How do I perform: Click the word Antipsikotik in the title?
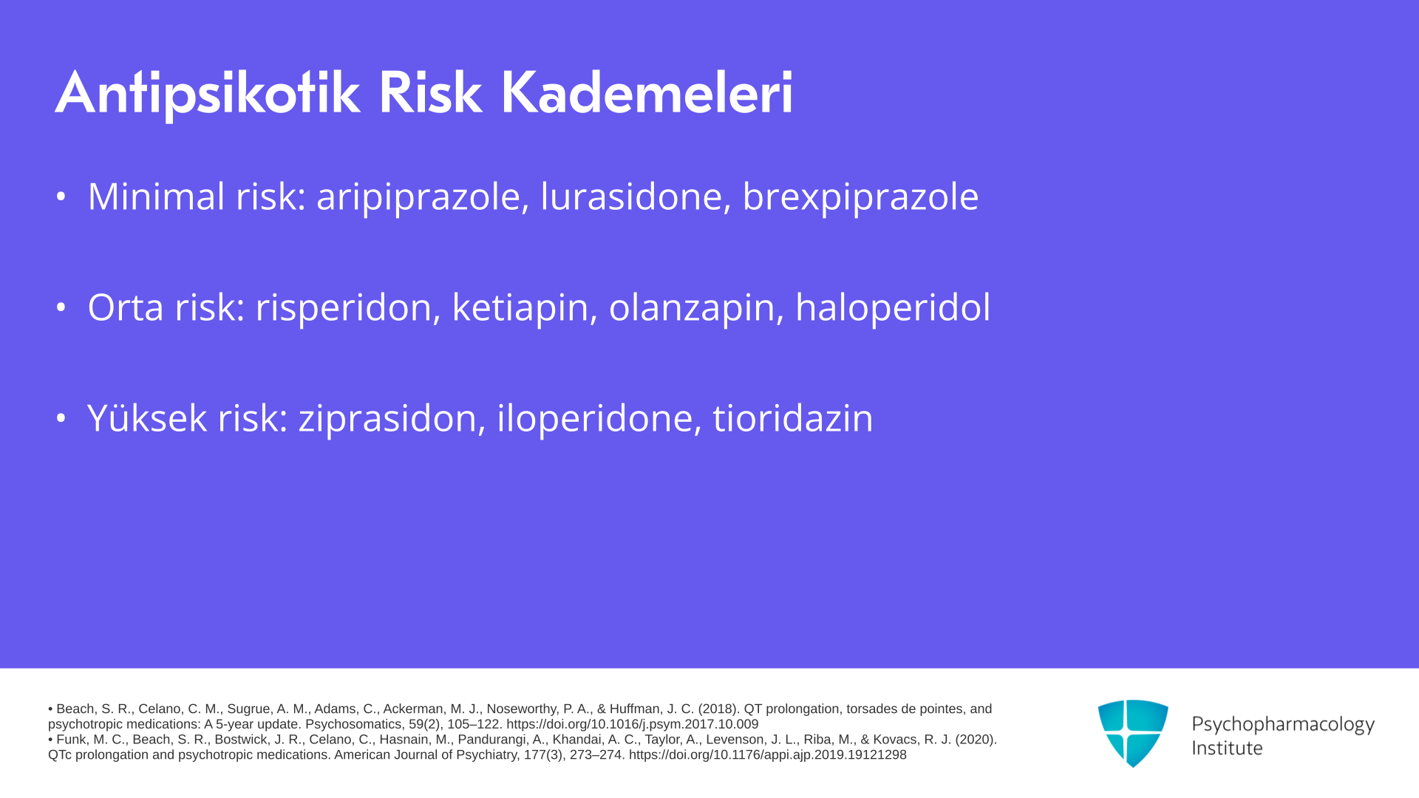[x=208, y=94]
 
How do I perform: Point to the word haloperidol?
[x=893, y=307]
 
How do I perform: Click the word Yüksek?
[x=146, y=417]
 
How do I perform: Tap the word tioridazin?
[x=793, y=418]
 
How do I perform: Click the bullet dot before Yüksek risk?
[x=61, y=418]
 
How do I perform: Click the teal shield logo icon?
[x=1133, y=733]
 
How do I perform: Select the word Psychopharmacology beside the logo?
[x=1283, y=725]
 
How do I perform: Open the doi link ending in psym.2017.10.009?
[x=632, y=725]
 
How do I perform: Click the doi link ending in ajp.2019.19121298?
[x=767, y=755]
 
